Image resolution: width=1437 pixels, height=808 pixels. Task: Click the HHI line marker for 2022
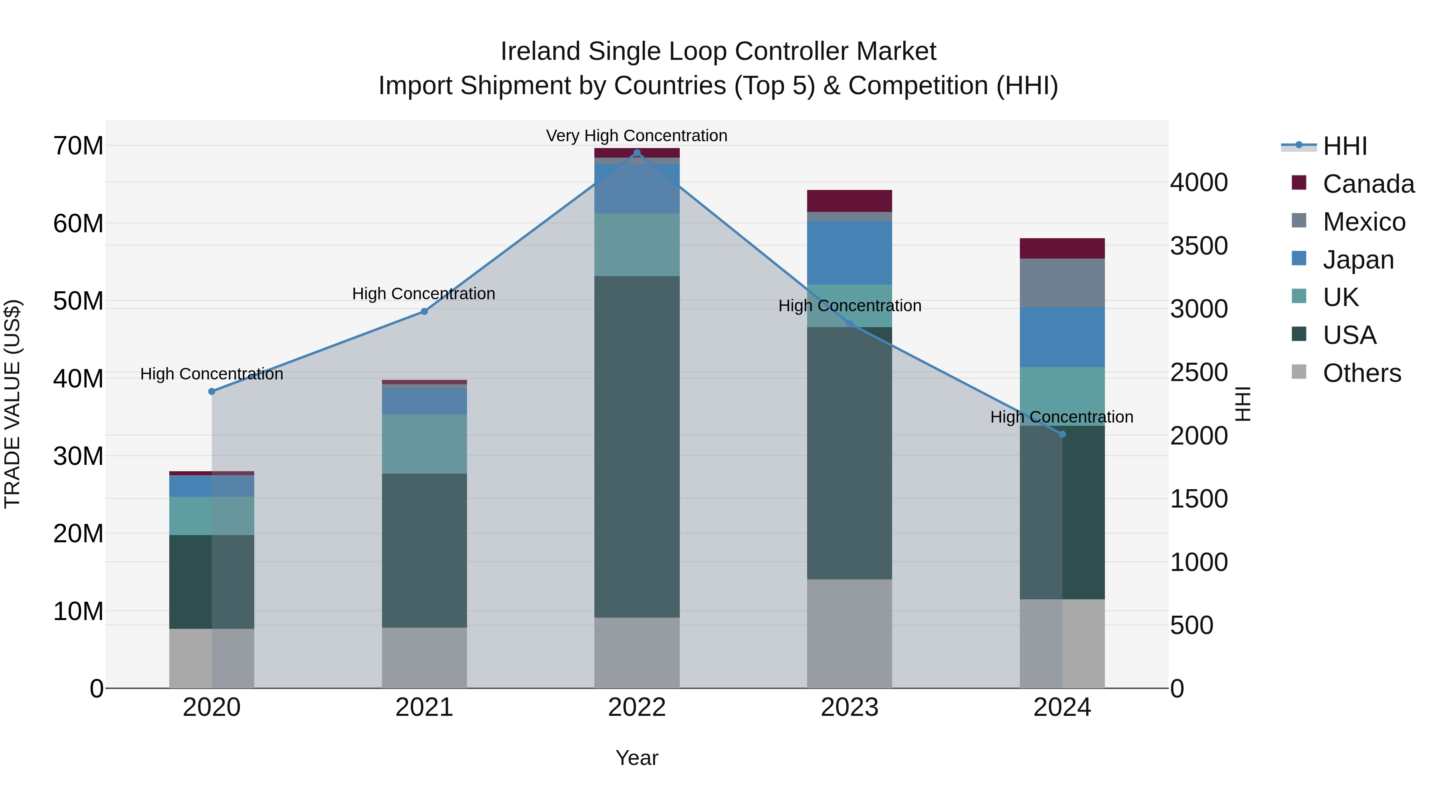[637, 153]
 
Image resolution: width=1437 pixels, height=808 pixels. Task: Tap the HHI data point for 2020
[212, 391]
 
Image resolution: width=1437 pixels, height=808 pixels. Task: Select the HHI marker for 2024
[1062, 434]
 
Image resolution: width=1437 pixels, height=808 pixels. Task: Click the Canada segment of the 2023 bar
[849, 201]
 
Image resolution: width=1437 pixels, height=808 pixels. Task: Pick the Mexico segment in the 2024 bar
[1062, 283]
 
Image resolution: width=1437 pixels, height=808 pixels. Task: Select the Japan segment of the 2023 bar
[849, 253]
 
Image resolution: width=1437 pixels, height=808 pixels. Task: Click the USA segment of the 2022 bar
[637, 446]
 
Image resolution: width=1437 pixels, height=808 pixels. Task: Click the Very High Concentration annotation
[637, 136]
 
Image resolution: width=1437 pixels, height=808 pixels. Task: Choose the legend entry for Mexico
[1364, 222]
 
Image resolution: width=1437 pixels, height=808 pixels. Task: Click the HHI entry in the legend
[1344, 146]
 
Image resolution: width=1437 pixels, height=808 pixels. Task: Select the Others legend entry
[1361, 373]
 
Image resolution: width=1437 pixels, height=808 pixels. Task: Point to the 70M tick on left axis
[78, 146]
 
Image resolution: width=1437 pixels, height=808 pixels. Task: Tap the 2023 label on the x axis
[849, 707]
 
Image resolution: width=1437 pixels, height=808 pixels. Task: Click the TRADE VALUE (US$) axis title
[12, 404]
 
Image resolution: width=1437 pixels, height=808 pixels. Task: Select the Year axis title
[637, 758]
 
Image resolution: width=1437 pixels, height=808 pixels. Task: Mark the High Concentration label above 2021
[424, 293]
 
